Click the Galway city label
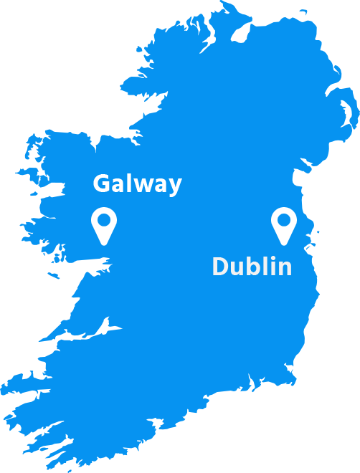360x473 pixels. pyautogui.click(x=137, y=184)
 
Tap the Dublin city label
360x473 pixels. pyautogui.click(x=252, y=267)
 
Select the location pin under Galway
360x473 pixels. pyautogui.click(x=104, y=225)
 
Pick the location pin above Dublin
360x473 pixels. pyautogui.click(x=284, y=225)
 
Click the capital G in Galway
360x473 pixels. pyautogui.click(x=103, y=184)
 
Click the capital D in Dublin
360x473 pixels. pyautogui.click(x=221, y=267)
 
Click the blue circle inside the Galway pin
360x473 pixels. pyautogui.click(x=104, y=220)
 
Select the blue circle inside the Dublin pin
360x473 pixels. pyautogui.click(x=284, y=220)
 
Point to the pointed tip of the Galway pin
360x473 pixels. pyautogui.click(x=104, y=244)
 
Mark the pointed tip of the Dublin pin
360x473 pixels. pyautogui.click(x=284, y=244)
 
